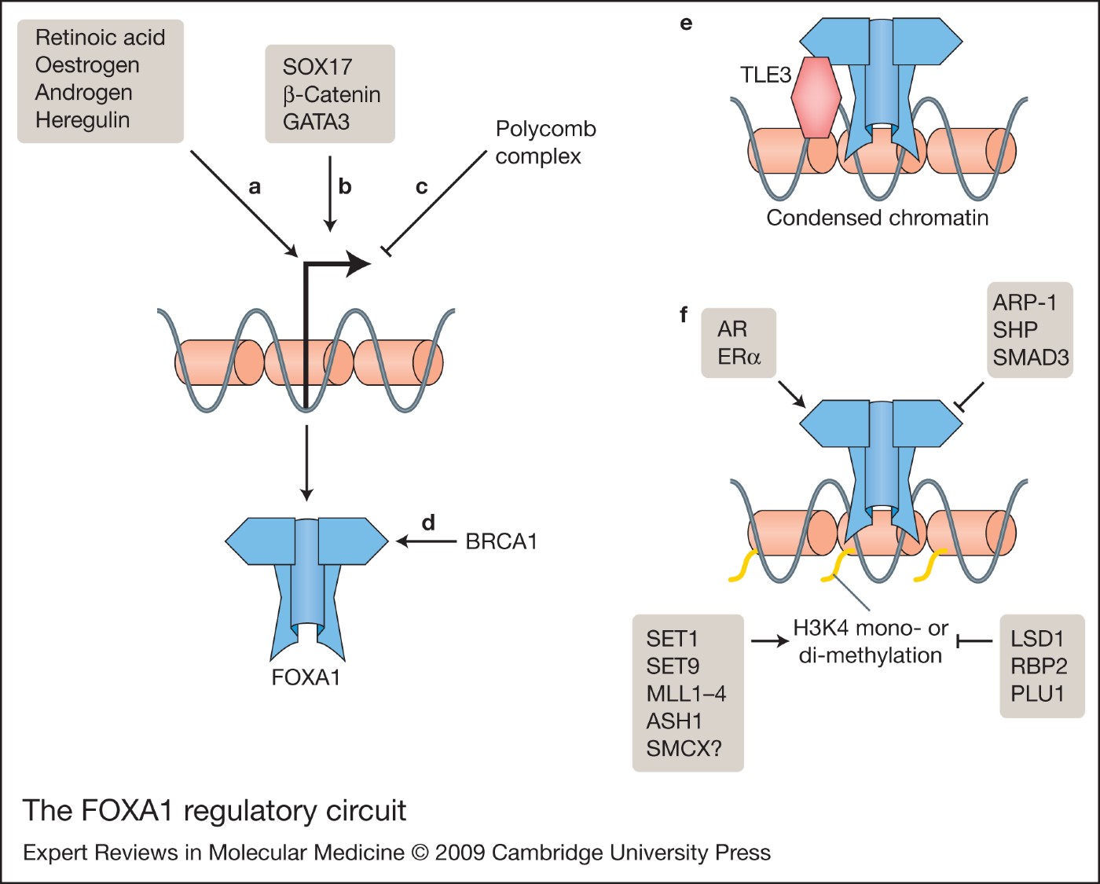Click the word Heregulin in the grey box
pos(82,120)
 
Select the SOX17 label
pos(317,67)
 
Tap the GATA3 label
pos(316,122)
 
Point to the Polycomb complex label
pos(544,142)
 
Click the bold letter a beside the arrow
pos(255,187)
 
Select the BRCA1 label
pos(501,541)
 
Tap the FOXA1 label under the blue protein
pos(306,677)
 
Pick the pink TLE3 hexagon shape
pos(816,97)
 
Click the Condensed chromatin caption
pos(877,218)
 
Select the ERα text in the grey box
pos(739,357)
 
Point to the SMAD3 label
pos(1030,358)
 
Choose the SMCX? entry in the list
pos(684,748)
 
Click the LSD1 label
pos(1037,639)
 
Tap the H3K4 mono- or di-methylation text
pos(870,641)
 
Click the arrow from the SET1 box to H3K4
pos(769,641)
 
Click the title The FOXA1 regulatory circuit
pos(214,810)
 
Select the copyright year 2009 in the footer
pos(463,853)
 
